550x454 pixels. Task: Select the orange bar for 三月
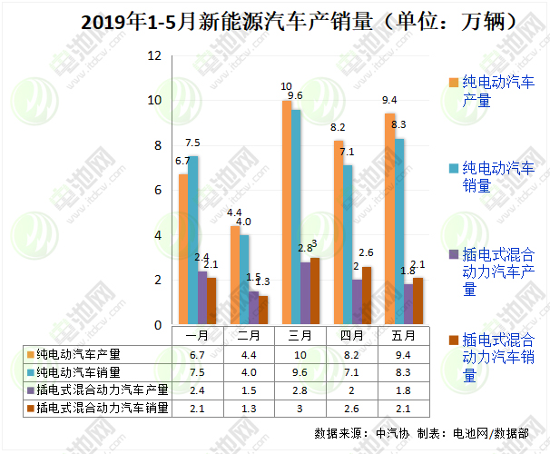[x=287, y=213]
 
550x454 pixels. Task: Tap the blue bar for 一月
[x=193, y=241]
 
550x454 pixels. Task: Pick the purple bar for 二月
[x=254, y=308]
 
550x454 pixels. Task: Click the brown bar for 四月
[x=367, y=295]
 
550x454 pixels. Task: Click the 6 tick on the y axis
[x=157, y=191]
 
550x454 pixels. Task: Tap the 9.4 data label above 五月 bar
[x=389, y=100]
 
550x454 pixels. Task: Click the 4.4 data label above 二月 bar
[x=234, y=212]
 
